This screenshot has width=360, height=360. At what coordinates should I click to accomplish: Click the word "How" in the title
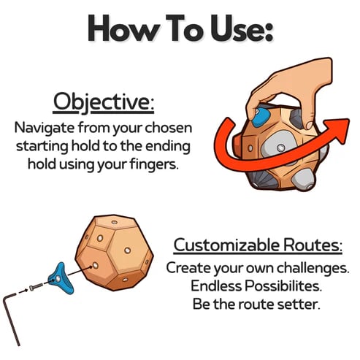(118, 29)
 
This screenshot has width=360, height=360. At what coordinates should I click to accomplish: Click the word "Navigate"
(45, 127)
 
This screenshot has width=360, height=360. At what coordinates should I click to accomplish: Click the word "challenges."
(305, 267)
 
